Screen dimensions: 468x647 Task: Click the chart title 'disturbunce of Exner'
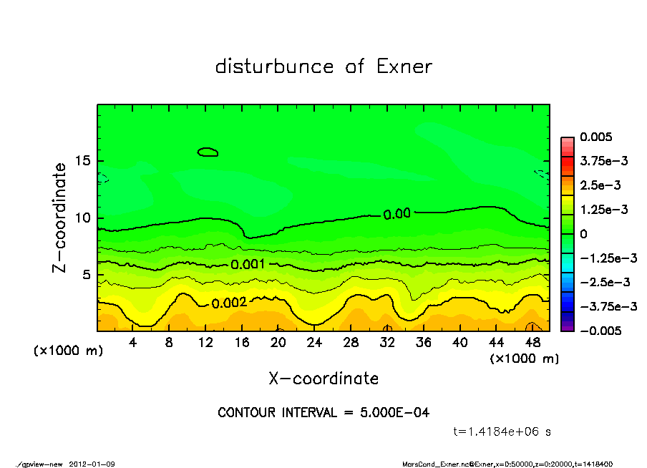(323, 67)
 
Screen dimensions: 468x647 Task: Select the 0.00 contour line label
(397, 213)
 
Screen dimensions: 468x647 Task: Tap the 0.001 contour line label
(248, 264)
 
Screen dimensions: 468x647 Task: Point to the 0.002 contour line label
(229, 303)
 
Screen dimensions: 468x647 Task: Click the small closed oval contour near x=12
(208, 152)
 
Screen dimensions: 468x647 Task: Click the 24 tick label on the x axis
(314, 343)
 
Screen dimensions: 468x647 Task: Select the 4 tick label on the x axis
(133, 343)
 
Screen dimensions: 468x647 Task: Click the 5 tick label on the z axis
(86, 275)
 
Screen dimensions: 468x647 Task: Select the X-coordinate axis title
(323, 378)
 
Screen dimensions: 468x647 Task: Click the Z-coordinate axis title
(60, 218)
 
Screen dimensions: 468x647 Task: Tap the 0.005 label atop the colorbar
(595, 137)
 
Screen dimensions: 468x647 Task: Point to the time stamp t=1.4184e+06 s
(502, 432)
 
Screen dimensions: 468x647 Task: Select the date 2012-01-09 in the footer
(92, 464)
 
